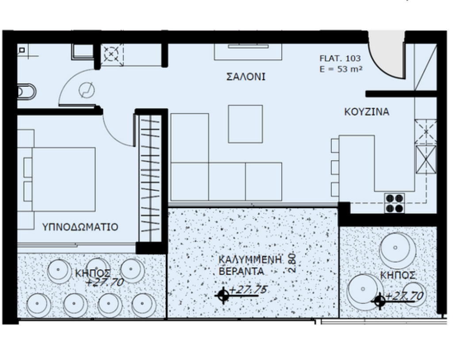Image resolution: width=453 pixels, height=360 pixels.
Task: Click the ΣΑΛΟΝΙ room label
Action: (246, 77)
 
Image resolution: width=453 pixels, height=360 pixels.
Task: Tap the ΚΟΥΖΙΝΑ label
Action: (367, 112)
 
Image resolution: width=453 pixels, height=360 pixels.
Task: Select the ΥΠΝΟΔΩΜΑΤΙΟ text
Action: (81, 227)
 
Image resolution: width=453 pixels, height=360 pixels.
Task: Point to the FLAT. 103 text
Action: (340, 58)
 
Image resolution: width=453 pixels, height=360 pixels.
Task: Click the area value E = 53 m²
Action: (341, 69)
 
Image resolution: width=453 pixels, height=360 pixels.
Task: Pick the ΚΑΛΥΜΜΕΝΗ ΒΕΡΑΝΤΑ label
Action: (250, 265)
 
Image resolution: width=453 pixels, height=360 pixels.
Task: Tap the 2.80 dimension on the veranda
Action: (292, 263)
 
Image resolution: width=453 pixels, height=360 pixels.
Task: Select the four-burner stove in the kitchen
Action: (395, 203)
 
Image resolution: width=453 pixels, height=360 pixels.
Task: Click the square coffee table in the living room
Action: (245, 124)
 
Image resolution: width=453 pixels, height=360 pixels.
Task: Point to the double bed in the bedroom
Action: (60, 179)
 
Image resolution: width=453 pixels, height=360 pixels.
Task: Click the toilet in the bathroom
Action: (27, 92)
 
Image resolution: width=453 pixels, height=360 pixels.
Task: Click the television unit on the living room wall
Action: (248, 52)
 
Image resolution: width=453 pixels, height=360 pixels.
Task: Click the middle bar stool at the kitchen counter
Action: (335, 168)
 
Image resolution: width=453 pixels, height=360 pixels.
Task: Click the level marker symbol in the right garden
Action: (380, 301)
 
